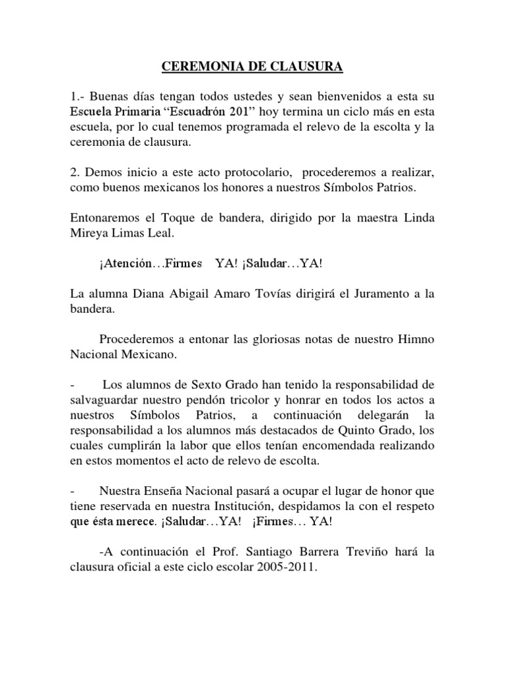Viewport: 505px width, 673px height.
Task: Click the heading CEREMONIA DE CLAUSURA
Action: tap(252, 66)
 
